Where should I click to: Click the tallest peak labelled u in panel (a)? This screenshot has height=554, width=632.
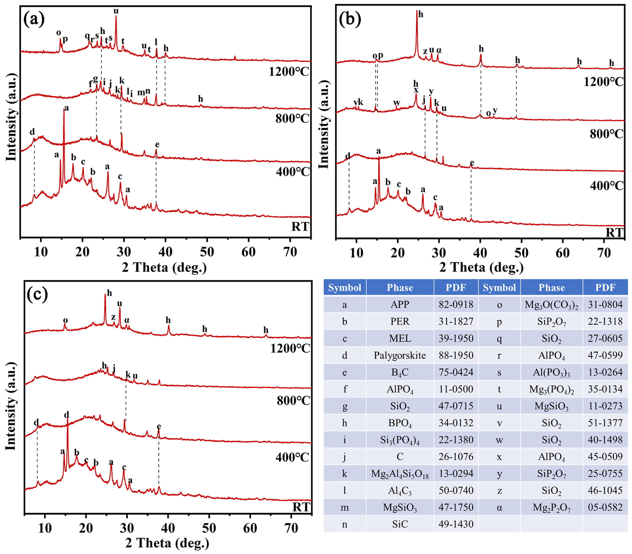pos(116,17)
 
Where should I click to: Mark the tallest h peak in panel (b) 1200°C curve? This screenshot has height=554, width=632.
pos(417,14)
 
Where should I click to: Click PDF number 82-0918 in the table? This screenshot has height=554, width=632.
pos(456,305)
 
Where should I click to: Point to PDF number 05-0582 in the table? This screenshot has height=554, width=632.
pos(605,507)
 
